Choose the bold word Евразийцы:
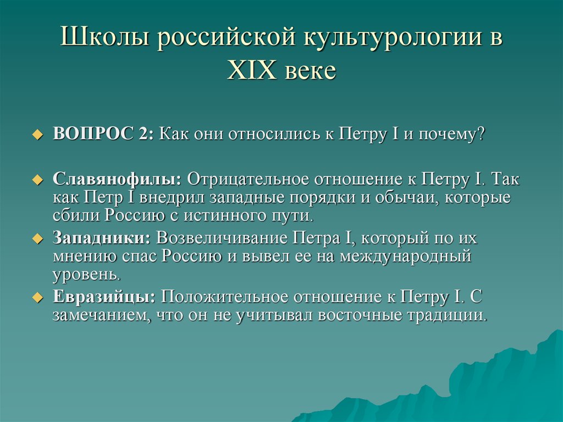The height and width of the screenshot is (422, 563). pos(104,297)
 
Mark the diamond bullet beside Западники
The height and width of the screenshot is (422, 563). pos(37,239)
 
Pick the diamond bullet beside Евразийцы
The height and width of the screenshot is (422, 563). pos(37,298)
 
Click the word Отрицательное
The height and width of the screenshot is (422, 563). pos(249,180)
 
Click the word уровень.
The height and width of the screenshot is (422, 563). pos(85,273)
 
